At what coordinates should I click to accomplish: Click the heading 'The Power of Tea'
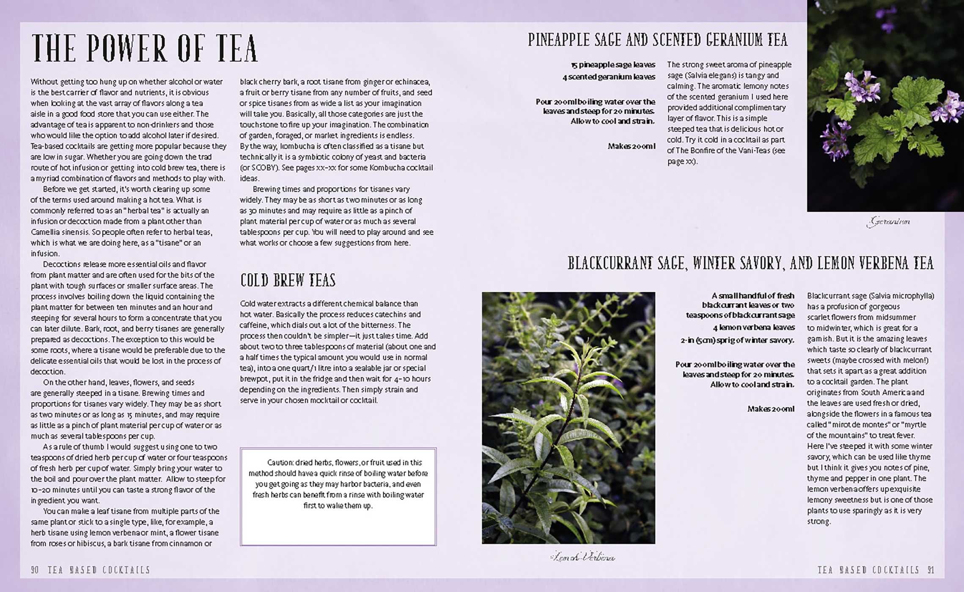pyautogui.click(x=145, y=49)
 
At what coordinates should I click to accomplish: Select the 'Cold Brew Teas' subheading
pyautogui.click(x=288, y=280)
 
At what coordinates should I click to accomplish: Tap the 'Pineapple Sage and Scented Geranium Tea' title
pyautogui.click(x=657, y=40)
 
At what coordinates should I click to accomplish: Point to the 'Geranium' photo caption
pyautogui.click(x=888, y=222)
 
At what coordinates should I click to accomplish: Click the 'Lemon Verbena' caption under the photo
pyautogui.click(x=582, y=557)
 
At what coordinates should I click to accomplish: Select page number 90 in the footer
pyautogui.click(x=35, y=570)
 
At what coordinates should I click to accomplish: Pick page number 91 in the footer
pyautogui.click(x=931, y=570)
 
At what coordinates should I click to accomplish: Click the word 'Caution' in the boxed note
pyautogui.click(x=280, y=463)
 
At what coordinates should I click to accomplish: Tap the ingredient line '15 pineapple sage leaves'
pyautogui.click(x=613, y=65)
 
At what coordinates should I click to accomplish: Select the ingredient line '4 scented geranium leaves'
pyautogui.click(x=609, y=77)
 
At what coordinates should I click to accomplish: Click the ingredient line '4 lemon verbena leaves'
pyautogui.click(x=753, y=327)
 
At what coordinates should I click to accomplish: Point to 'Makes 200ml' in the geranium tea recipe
pyautogui.click(x=631, y=146)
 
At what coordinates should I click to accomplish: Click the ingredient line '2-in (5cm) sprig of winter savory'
pyautogui.click(x=737, y=340)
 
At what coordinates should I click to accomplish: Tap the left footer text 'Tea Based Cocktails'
pyautogui.click(x=99, y=570)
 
